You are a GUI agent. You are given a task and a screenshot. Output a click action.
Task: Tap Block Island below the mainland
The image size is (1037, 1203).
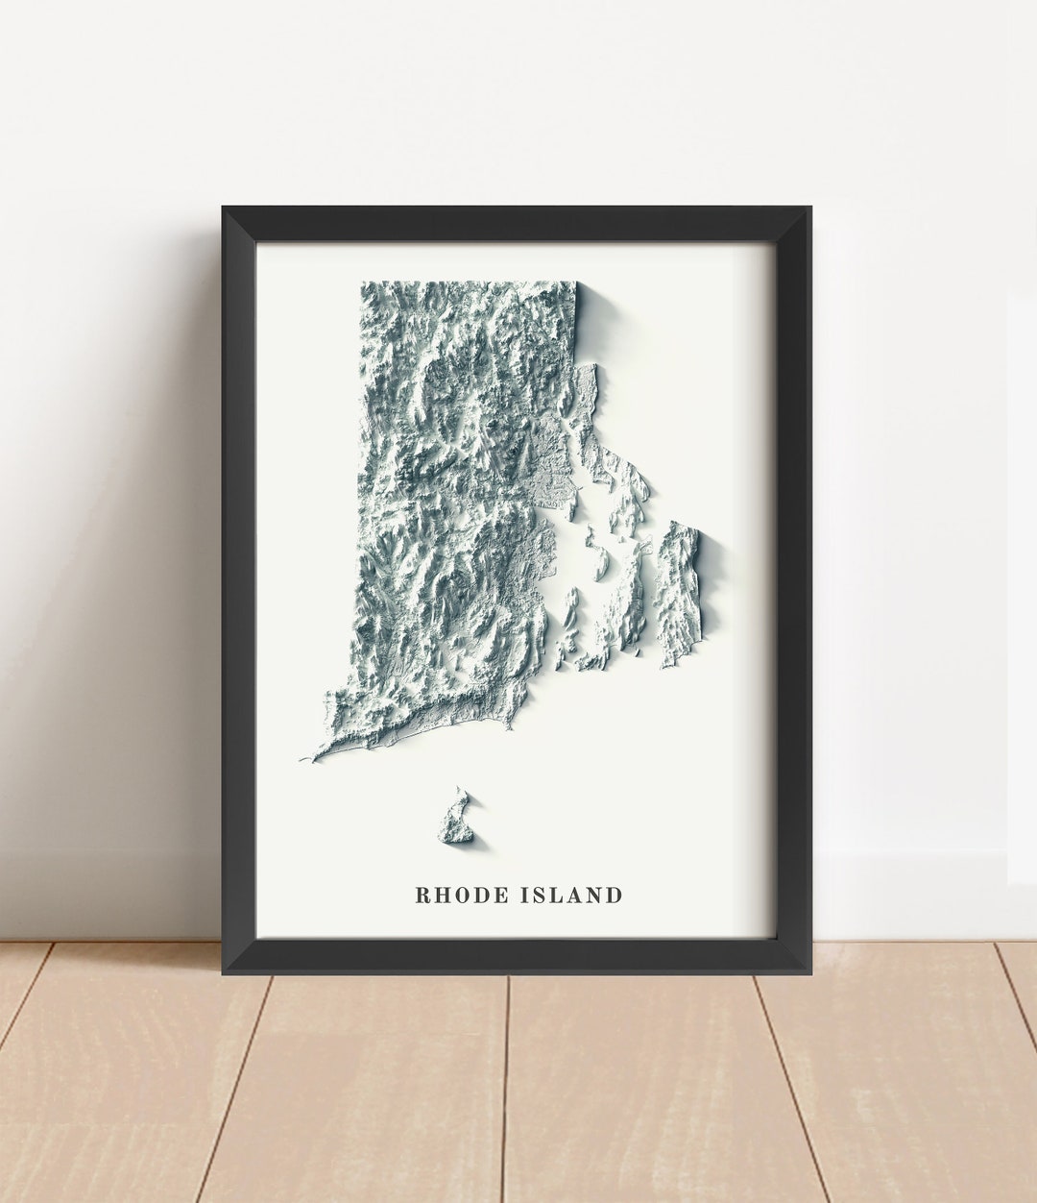click(x=457, y=818)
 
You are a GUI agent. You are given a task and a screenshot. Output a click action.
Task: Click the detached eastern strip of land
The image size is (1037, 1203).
click(x=678, y=593)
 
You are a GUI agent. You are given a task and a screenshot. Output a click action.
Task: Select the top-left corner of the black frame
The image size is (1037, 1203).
click(x=224, y=209)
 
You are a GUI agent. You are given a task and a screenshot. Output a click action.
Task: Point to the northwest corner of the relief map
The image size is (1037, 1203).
click(x=363, y=283)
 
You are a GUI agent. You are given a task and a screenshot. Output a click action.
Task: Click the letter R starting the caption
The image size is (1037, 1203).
click(x=422, y=896)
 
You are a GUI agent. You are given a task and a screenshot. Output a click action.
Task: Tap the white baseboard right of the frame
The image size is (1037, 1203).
click(x=912, y=894)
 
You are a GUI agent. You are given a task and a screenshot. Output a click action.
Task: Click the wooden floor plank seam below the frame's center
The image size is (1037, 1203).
click(x=505, y=1086)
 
